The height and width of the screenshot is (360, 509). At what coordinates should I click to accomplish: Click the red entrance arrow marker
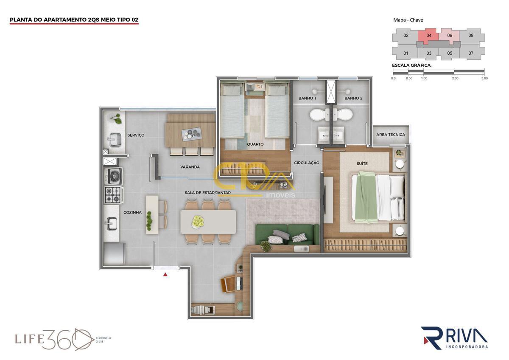click(x=165, y=275)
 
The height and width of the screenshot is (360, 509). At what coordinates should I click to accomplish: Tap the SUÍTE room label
click(x=362, y=163)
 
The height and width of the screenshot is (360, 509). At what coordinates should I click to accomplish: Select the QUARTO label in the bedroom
click(x=255, y=144)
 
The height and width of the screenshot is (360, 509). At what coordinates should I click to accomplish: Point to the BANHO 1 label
click(x=307, y=98)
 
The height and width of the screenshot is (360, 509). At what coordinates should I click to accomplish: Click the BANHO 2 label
click(x=353, y=98)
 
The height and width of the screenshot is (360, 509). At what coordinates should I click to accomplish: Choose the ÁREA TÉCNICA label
click(x=391, y=135)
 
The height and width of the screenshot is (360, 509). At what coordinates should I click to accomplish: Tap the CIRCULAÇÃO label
click(x=307, y=163)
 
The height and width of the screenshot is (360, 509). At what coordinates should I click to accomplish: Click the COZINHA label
click(x=132, y=212)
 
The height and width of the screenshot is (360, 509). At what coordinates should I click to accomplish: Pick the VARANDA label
click(x=190, y=167)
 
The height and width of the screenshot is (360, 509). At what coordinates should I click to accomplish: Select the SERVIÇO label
click(x=136, y=135)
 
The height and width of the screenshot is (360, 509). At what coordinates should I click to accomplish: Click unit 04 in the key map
click(x=429, y=36)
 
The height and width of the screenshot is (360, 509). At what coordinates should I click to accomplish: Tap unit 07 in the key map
click(x=471, y=53)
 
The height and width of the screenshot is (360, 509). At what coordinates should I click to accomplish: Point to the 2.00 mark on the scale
click(x=455, y=78)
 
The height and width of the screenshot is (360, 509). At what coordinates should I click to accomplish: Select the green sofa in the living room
click(x=287, y=234)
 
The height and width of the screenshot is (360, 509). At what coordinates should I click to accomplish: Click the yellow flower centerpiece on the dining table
click(x=198, y=221)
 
